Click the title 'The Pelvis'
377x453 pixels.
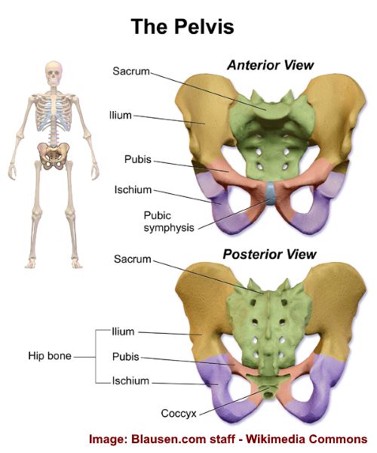182,26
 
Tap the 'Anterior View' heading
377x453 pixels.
270,65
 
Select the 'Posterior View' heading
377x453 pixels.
269,254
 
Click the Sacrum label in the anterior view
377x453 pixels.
131,71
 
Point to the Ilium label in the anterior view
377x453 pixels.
121,116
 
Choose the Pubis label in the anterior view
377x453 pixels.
138,159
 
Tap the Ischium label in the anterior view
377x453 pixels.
133,190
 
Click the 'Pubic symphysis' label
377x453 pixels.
169,221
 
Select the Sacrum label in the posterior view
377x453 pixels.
133,259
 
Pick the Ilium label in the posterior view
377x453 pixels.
123,331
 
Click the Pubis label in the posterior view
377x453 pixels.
126,357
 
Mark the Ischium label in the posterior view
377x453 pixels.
130,381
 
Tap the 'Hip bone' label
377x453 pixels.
50,356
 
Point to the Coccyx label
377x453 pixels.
179,414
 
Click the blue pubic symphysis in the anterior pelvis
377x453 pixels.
271,193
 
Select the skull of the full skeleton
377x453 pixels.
54,73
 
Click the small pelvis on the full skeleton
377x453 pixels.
54,156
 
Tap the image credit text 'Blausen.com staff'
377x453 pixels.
183,439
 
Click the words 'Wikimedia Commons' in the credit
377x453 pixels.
307,439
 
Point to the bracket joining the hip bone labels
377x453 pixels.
96,357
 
